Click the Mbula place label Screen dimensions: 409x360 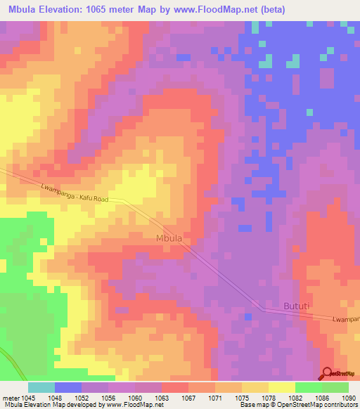(168, 239)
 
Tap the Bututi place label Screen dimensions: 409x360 (296, 306)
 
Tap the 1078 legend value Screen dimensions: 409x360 (269, 396)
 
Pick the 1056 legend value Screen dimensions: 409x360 (109, 396)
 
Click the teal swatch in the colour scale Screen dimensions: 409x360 (41, 387)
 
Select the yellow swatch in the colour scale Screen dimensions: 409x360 (282, 387)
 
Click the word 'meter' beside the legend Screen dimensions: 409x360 (11, 396)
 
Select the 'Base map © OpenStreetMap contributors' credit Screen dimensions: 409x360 (297, 405)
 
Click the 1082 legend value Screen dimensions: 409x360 (296, 396)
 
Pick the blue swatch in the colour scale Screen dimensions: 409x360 (68, 387)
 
